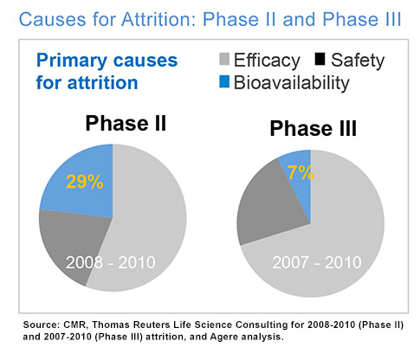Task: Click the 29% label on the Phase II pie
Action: (x=85, y=182)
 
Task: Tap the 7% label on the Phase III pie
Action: (x=300, y=172)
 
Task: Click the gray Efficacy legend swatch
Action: (x=224, y=59)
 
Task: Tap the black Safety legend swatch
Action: (x=320, y=59)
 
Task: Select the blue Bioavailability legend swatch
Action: (x=224, y=81)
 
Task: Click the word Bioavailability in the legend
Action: (x=292, y=83)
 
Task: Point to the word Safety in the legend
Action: (x=358, y=61)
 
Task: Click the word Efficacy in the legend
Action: (x=267, y=61)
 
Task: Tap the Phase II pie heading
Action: (x=126, y=123)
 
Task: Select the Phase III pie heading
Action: (x=313, y=128)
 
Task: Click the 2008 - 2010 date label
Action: (x=111, y=262)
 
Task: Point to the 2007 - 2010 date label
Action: (x=317, y=262)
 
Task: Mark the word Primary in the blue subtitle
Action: (x=72, y=61)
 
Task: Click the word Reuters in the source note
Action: (x=152, y=325)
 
